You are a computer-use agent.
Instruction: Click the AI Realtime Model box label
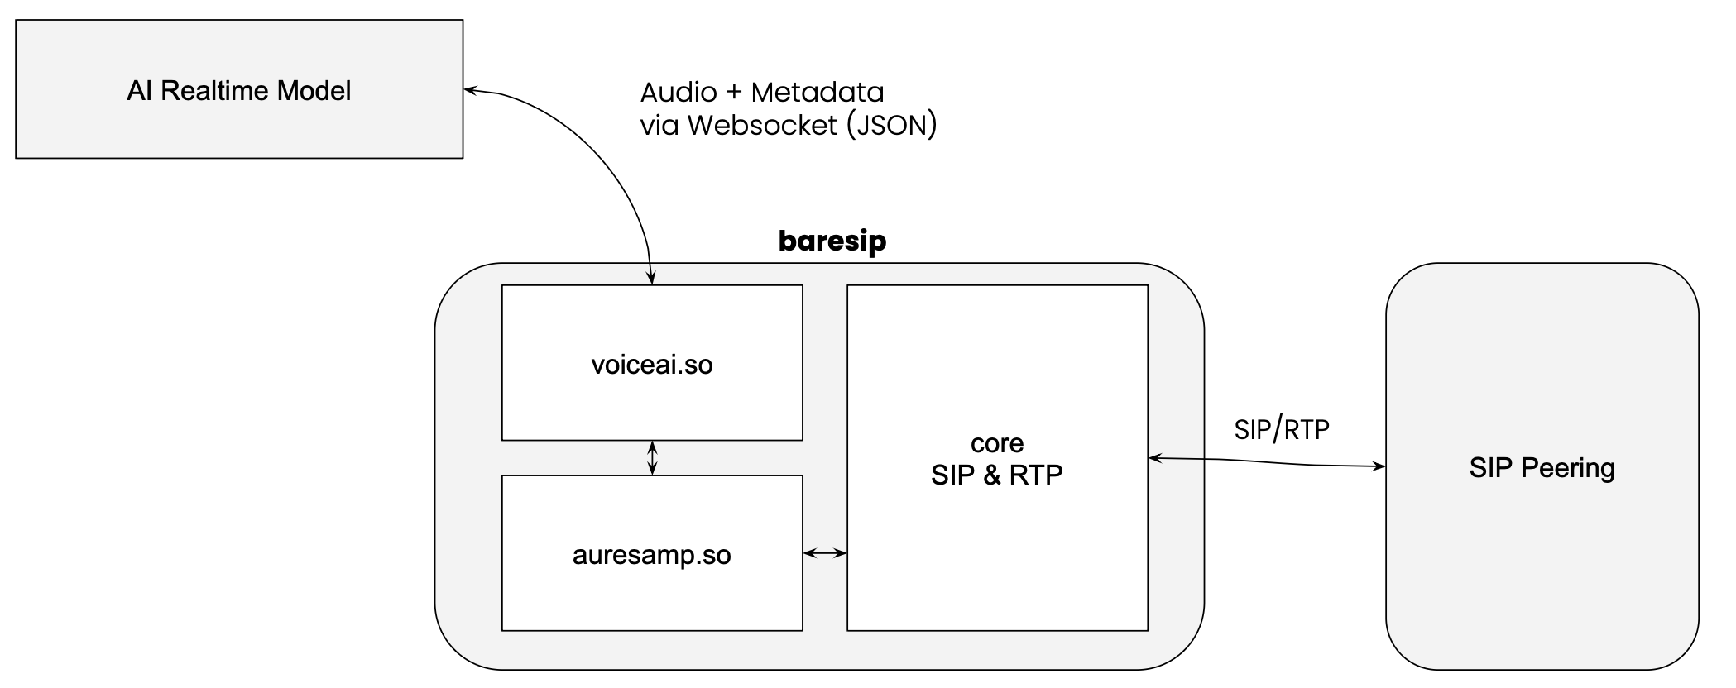pos(238,90)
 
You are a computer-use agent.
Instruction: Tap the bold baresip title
pos(832,241)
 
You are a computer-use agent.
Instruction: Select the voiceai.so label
pos(652,365)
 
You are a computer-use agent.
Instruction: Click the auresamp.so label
pos(652,555)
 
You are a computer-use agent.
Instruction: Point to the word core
pos(997,444)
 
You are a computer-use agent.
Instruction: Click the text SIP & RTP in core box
pos(996,475)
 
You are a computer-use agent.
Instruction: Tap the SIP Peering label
pos(1542,468)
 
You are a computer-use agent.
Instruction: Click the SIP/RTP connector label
pos(1281,429)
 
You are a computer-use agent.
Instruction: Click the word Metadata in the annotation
pos(817,92)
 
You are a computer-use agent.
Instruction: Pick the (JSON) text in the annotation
pos(892,125)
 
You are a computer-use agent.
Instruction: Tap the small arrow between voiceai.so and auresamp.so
pos(652,457)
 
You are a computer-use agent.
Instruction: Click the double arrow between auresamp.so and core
pos(825,553)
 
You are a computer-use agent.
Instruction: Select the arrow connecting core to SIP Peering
pos(1266,461)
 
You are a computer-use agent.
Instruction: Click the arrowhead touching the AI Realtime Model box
pos(470,90)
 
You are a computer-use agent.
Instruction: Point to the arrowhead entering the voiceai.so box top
pos(652,279)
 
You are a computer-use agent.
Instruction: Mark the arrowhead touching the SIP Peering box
pos(1379,466)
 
